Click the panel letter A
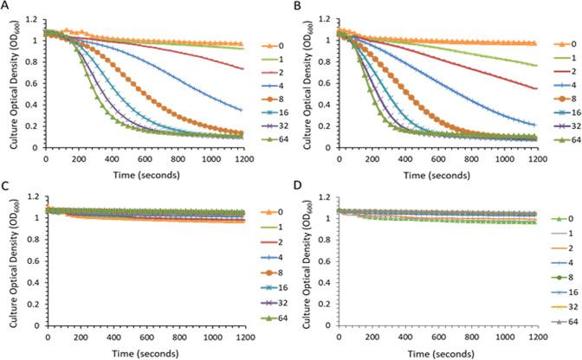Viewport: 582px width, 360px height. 5,6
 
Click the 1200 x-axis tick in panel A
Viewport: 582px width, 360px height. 241,157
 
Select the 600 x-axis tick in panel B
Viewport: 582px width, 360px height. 436,157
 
